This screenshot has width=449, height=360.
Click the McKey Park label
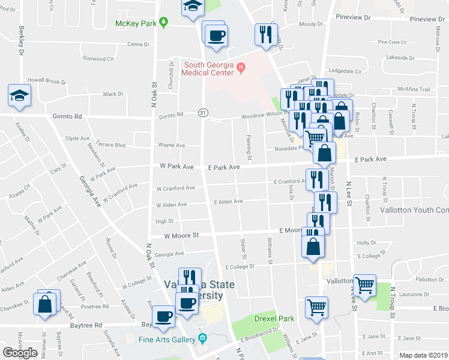[137, 24]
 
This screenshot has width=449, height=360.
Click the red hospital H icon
[241, 67]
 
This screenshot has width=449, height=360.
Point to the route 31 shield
[203, 113]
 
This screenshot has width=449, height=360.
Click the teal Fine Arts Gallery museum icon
[203, 340]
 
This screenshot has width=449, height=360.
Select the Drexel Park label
[274, 318]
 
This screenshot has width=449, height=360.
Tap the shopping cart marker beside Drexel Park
[316, 307]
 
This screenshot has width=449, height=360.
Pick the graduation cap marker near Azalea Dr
[19, 95]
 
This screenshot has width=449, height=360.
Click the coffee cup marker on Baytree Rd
[163, 316]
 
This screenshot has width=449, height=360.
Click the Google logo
[20, 353]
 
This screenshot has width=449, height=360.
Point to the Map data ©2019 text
[423, 355]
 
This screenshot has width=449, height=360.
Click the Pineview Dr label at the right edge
[427, 19]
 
